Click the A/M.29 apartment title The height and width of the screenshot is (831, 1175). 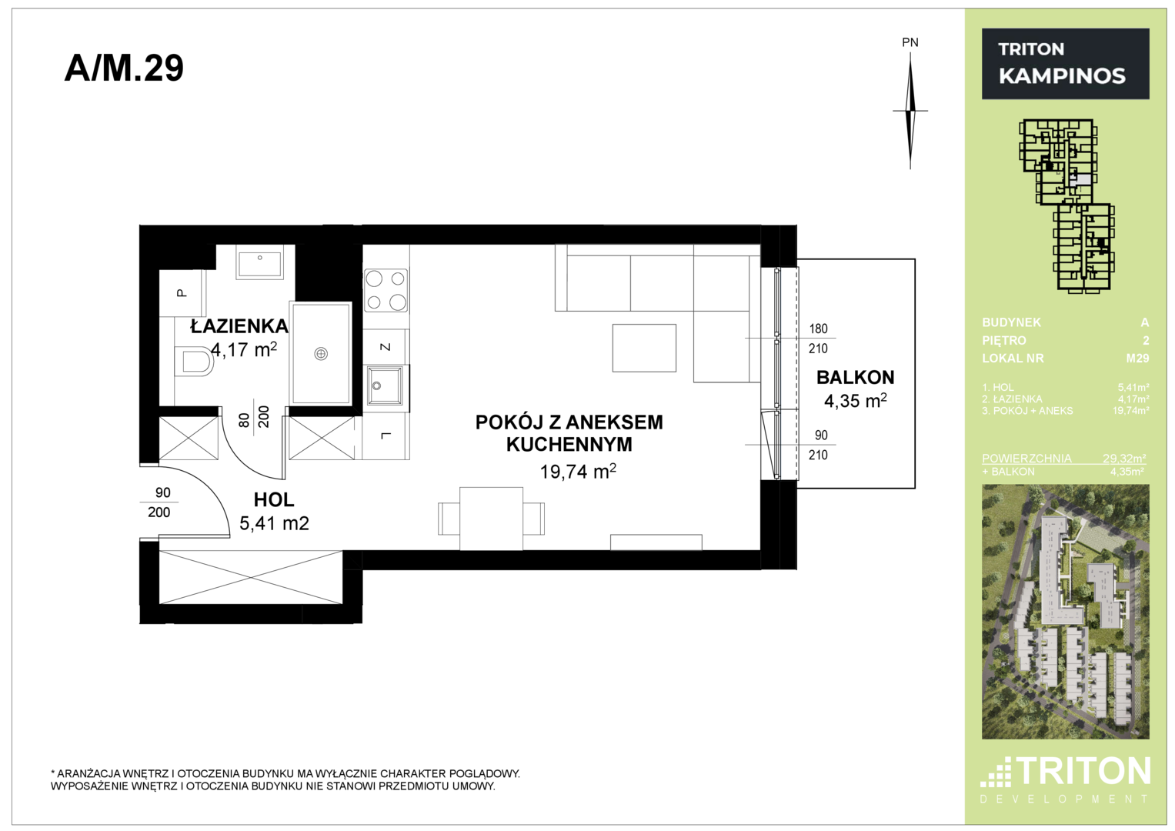click(124, 68)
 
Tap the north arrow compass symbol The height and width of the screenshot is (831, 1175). click(910, 111)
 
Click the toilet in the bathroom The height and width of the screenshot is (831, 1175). click(195, 361)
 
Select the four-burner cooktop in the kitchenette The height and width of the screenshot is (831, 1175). click(386, 289)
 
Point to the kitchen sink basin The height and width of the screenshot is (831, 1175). click(385, 385)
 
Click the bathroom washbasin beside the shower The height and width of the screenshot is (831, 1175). click(259, 264)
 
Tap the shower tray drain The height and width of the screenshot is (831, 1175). click(321, 354)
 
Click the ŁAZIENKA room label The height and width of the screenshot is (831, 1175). click(239, 326)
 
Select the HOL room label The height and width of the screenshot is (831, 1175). click(274, 500)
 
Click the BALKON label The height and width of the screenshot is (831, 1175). click(855, 377)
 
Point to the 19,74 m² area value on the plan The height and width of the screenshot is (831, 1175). click(578, 472)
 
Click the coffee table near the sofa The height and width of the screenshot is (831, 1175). click(644, 348)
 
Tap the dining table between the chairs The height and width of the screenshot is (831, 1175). click(491, 519)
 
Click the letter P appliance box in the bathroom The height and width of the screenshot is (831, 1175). click(181, 292)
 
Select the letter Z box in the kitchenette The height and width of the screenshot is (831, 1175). click(386, 347)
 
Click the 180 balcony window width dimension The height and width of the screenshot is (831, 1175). click(818, 329)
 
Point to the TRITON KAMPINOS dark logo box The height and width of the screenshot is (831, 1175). click(1066, 63)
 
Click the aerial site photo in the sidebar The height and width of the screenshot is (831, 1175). click(1066, 612)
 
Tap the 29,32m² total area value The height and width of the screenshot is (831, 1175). click(1124, 458)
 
